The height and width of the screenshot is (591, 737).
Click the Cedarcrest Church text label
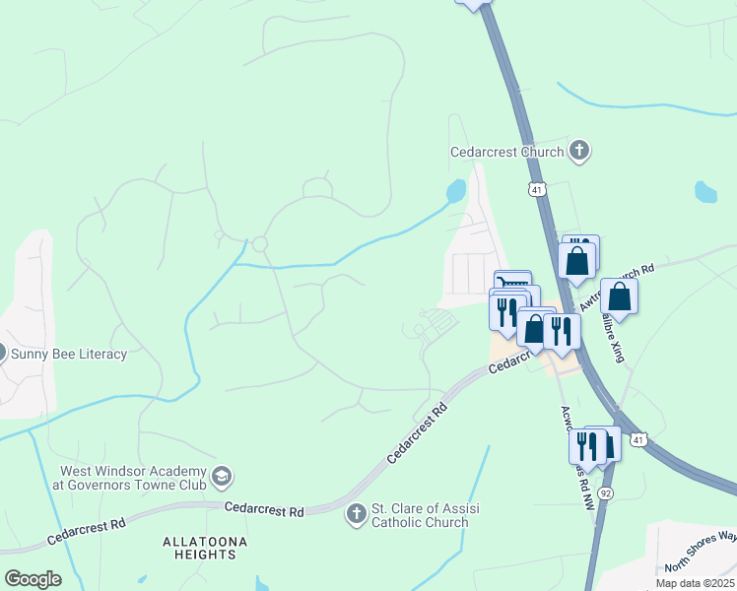(506, 152)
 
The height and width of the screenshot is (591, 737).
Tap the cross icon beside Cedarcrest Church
(579, 151)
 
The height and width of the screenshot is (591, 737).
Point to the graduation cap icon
(222, 477)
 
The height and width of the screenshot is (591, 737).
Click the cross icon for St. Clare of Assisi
(356, 513)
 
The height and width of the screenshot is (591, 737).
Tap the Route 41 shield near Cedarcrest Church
(536, 189)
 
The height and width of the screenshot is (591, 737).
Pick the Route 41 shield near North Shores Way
(638, 439)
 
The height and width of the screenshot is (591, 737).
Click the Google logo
(33, 578)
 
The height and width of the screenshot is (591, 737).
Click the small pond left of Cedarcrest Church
(455, 190)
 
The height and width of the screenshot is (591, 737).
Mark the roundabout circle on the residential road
(260, 244)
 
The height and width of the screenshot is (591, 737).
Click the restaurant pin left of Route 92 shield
(586, 445)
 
